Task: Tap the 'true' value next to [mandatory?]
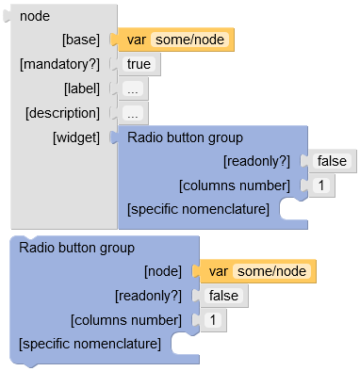[x=139, y=64]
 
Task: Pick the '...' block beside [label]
[x=135, y=89]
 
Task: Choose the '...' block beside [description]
[x=135, y=113]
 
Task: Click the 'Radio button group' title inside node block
[x=185, y=137]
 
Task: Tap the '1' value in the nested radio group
[x=320, y=185]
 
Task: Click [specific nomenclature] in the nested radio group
[x=198, y=208]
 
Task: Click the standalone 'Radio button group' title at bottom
[x=77, y=248]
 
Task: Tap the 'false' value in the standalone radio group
[x=224, y=296]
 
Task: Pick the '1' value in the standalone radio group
[x=213, y=320]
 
